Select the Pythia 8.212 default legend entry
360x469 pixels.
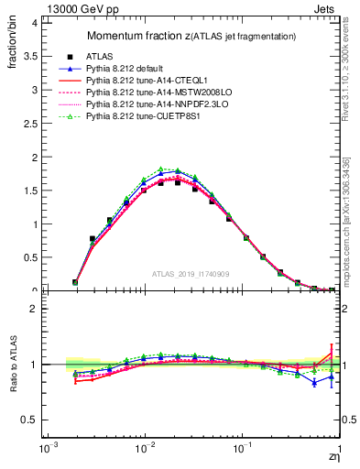pos(128,69)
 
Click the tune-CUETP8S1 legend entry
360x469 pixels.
pos(142,116)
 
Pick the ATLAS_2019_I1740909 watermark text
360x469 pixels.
pos(191,274)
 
